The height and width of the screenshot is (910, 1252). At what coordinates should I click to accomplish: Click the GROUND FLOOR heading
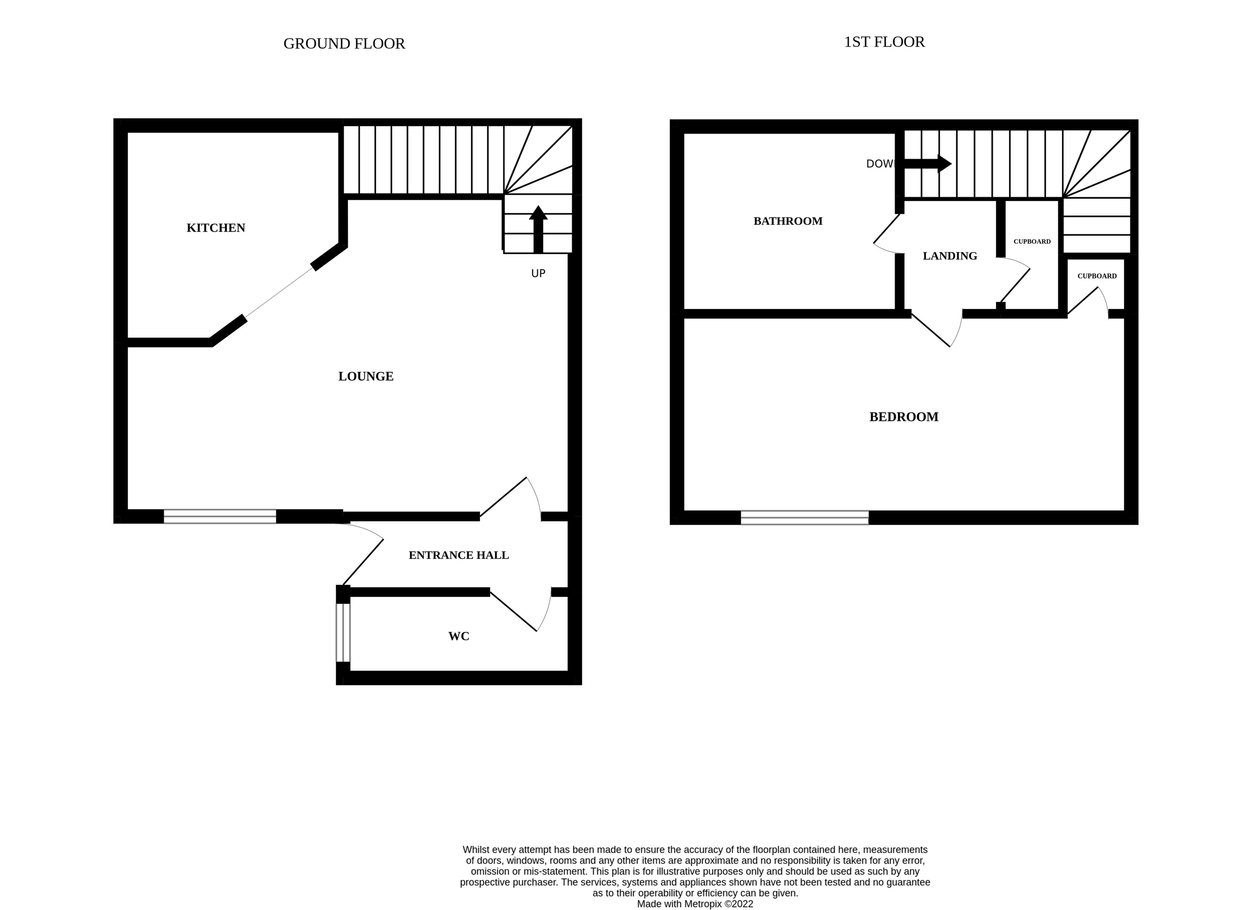click(x=344, y=44)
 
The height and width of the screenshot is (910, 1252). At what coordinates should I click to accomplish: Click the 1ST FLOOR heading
click(x=884, y=42)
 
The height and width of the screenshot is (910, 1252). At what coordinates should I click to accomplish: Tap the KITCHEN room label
click(x=216, y=228)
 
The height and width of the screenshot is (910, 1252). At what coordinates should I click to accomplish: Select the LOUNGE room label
click(x=366, y=377)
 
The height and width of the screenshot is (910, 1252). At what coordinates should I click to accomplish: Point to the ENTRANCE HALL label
click(x=458, y=556)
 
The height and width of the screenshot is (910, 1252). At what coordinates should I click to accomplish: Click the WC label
click(x=458, y=637)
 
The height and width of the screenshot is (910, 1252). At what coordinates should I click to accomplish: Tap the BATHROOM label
click(x=788, y=221)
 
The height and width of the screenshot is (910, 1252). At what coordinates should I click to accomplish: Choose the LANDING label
click(x=949, y=256)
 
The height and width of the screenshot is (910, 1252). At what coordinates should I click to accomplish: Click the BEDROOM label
click(x=904, y=417)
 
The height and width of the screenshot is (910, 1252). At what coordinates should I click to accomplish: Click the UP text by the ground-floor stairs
click(x=538, y=273)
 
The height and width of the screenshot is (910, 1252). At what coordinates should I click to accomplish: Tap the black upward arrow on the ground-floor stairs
click(x=538, y=229)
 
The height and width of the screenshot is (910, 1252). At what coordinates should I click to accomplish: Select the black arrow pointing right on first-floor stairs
click(x=927, y=163)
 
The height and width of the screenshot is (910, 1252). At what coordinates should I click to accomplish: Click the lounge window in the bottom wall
click(x=220, y=516)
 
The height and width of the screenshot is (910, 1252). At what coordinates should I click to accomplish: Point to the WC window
click(x=343, y=632)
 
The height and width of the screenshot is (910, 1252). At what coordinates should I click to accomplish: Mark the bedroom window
click(x=804, y=518)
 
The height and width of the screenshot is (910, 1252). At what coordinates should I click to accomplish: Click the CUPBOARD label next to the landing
click(x=1032, y=241)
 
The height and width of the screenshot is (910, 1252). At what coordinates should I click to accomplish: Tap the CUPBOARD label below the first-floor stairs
click(x=1097, y=276)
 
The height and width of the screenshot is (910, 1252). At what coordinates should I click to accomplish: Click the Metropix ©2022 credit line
click(x=694, y=904)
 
